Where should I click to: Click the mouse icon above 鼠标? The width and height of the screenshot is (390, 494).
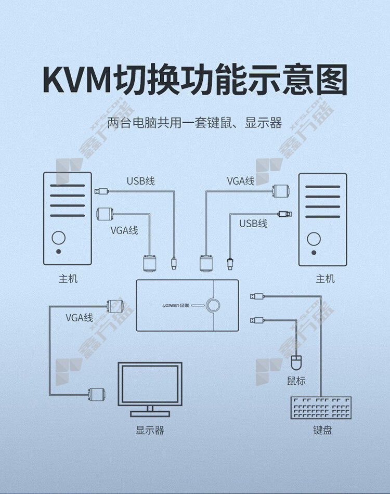pyautogui.click(x=296, y=362)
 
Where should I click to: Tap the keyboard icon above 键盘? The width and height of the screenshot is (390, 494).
pyautogui.click(x=321, y=408)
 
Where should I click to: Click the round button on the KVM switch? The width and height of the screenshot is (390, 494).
pyautogui.click(x=213, y=305)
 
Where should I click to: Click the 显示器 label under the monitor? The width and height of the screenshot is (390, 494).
pyautogui.click(x=150, y=430)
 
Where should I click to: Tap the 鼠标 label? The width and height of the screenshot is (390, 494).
pyautogui.click(x=296, y=381)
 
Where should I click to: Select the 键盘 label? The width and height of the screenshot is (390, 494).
pyautogui.click(x=322, y=430)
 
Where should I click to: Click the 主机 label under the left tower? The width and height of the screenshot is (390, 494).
pyautogui.click(x=68, y=279)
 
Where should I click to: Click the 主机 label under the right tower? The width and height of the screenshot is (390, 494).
pyautogui.click(x=325, y=279)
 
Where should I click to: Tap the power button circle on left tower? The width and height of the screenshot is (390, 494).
pyautogui.click(x=59, y=238)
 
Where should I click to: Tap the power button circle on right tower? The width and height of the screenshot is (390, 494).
pyautogui.click(x=314, y=239)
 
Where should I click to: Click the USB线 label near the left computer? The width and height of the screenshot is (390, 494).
pyautogui.click(x=140, y=181)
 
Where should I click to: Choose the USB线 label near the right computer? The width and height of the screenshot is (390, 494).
pyautogui.click(x=253, y=224)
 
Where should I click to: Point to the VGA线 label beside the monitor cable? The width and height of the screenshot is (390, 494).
pyautogui.click(x=79, y=318)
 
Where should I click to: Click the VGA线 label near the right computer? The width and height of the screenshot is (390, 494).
pyautogui.click(x=241, y=181)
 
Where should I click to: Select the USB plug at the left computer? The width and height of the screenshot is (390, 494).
pyautogui.click(x=101, y=191)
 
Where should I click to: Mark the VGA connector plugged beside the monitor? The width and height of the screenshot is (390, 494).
pyautogui.click(x=96, y=394)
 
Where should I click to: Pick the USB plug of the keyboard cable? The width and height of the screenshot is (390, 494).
pyautogui.click(x=257, y=296)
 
